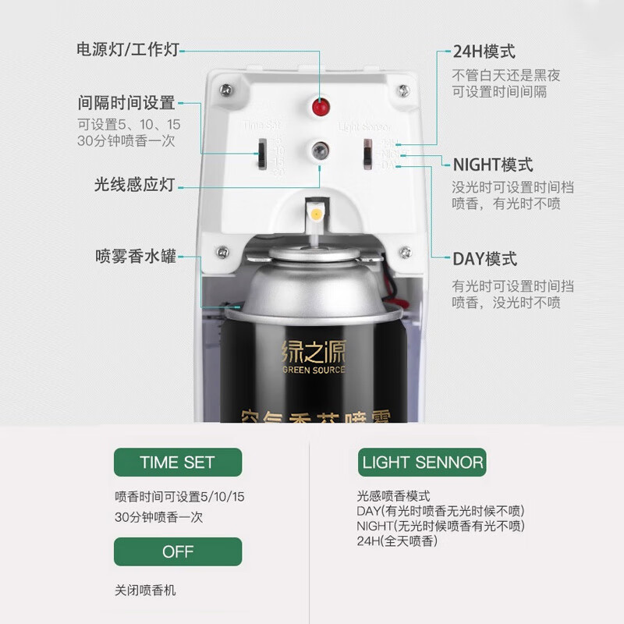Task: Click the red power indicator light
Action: tap(317, 107)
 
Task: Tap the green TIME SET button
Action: tap(177, 462)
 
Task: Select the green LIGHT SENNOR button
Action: tap(422, 463)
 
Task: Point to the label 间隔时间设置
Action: tap(126, 102)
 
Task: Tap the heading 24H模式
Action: tap(484, 52)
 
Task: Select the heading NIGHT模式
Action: tap(493, 165)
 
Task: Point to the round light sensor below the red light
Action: tap(318, 150)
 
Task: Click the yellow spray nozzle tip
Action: tap(315, 212)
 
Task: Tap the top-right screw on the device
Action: tap(403, 89)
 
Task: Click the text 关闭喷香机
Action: tap(145, 590)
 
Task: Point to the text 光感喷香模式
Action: tap(393, 496)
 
